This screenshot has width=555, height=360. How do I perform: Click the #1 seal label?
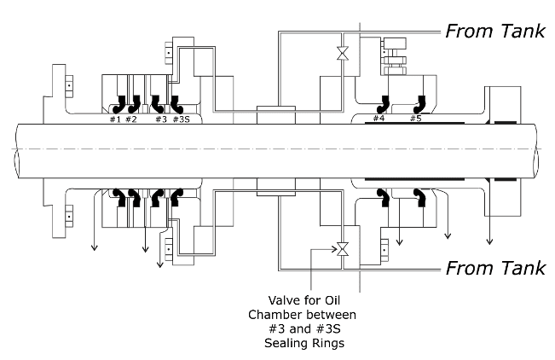click(x=114, y=119)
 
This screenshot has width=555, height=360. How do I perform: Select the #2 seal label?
click(x=130, y=119)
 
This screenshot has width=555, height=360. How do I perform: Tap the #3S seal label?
click(x=182, y=119)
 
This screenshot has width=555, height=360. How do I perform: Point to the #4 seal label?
click(x=379, y=119)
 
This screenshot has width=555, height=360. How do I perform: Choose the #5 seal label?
click(x=415, y=119)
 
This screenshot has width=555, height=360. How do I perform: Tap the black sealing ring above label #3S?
click(x=176, y=103)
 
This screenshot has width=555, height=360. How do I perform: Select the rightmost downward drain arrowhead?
click(x=489, y=241)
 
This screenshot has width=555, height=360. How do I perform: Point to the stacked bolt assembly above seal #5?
click(x=398, y=56)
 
